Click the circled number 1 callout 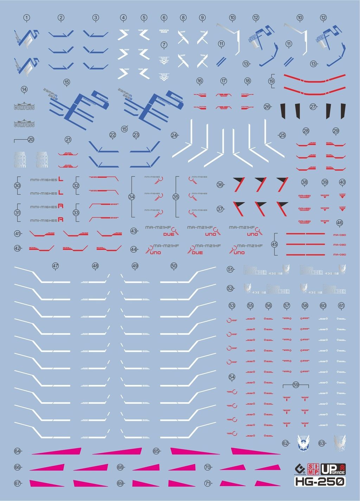tap(26, 18)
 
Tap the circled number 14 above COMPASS tap(24, 89)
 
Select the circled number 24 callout tap(174, 135)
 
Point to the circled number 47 tap(55, 266)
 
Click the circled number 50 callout tap(174, 266)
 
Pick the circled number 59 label tap(296, 385)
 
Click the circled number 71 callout tap(207, 483)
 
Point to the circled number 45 tap(275, 244)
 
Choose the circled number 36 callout tap(220, 185)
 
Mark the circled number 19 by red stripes tap(271, 81)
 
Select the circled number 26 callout tap(267, 107)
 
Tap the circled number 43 tap(134, 231)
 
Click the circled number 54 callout tap(232, 377)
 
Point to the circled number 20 tap(31, 140)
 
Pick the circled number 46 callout tap(339, 223)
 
